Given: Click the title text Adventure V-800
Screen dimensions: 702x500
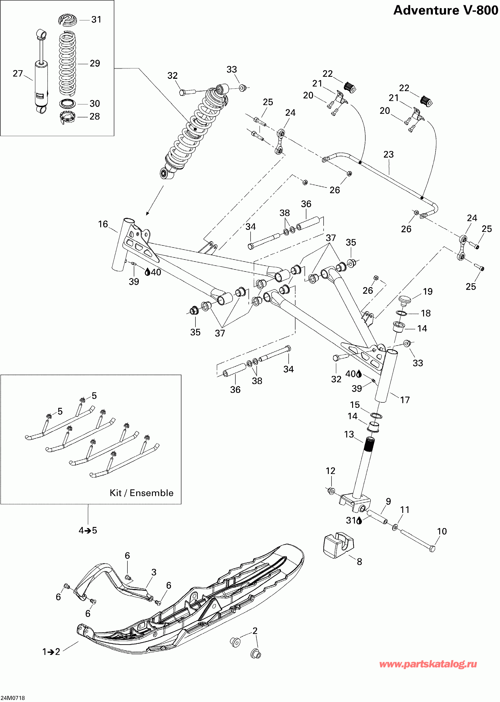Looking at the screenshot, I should pos(446,10).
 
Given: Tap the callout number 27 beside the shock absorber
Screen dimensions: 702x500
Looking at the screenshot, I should pos(18,74).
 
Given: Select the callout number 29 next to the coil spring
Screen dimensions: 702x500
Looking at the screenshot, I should pos(95,63).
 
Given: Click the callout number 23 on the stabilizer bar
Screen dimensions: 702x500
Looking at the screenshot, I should pos(388,154).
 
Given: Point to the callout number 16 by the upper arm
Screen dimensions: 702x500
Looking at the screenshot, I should pos(103,224).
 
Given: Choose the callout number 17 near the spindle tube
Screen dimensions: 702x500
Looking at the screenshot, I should pos(405,400).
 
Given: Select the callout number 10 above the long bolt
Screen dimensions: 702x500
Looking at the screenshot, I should pos(442,531).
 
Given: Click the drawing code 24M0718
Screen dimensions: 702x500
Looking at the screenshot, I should pos(13,698).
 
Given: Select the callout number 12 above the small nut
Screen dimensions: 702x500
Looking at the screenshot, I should pos(330,471).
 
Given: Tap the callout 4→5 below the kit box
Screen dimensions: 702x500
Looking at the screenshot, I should pos(88,530).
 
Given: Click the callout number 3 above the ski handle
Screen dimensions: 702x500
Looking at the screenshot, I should pos(154,572).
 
